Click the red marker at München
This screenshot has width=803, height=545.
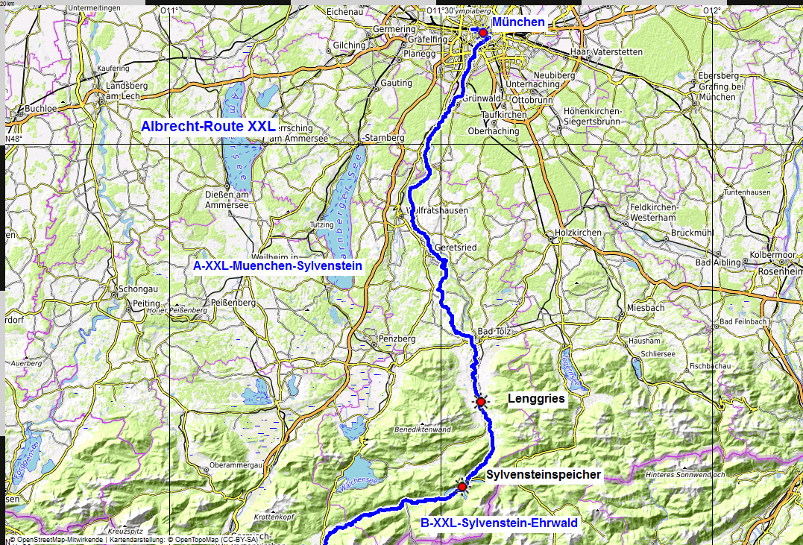[x=482, y=33]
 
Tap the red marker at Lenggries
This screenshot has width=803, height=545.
[x=481, y=403]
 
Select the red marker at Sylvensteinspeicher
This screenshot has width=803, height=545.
[x=462, y=487]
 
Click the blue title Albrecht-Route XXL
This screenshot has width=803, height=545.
[x=208, y=126]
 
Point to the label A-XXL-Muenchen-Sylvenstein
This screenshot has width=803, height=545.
[x=277, y=265]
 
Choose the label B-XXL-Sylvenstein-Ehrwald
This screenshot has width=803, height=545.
[x=499, y=523]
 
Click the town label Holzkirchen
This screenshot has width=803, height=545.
[x=578, y=233]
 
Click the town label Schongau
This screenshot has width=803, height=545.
[x=135, y=289]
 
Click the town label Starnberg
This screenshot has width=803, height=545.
[x=384, y=139]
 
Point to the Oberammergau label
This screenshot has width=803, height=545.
[x=238, y=465]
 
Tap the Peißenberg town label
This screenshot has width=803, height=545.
[x=234, y=303]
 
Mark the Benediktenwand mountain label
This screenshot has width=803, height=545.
[x=423, y=429]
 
